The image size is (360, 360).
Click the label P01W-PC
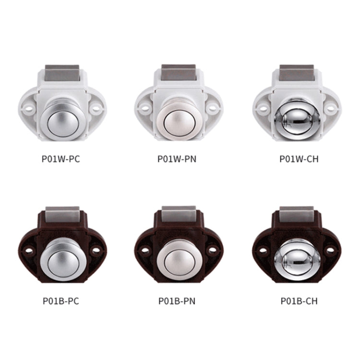coord(61,158)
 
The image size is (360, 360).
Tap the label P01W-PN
coord(177,158)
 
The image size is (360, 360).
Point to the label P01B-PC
coord(61,301)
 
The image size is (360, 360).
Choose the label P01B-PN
coord(177,301)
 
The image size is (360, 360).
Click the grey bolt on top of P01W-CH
coord(297,72)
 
